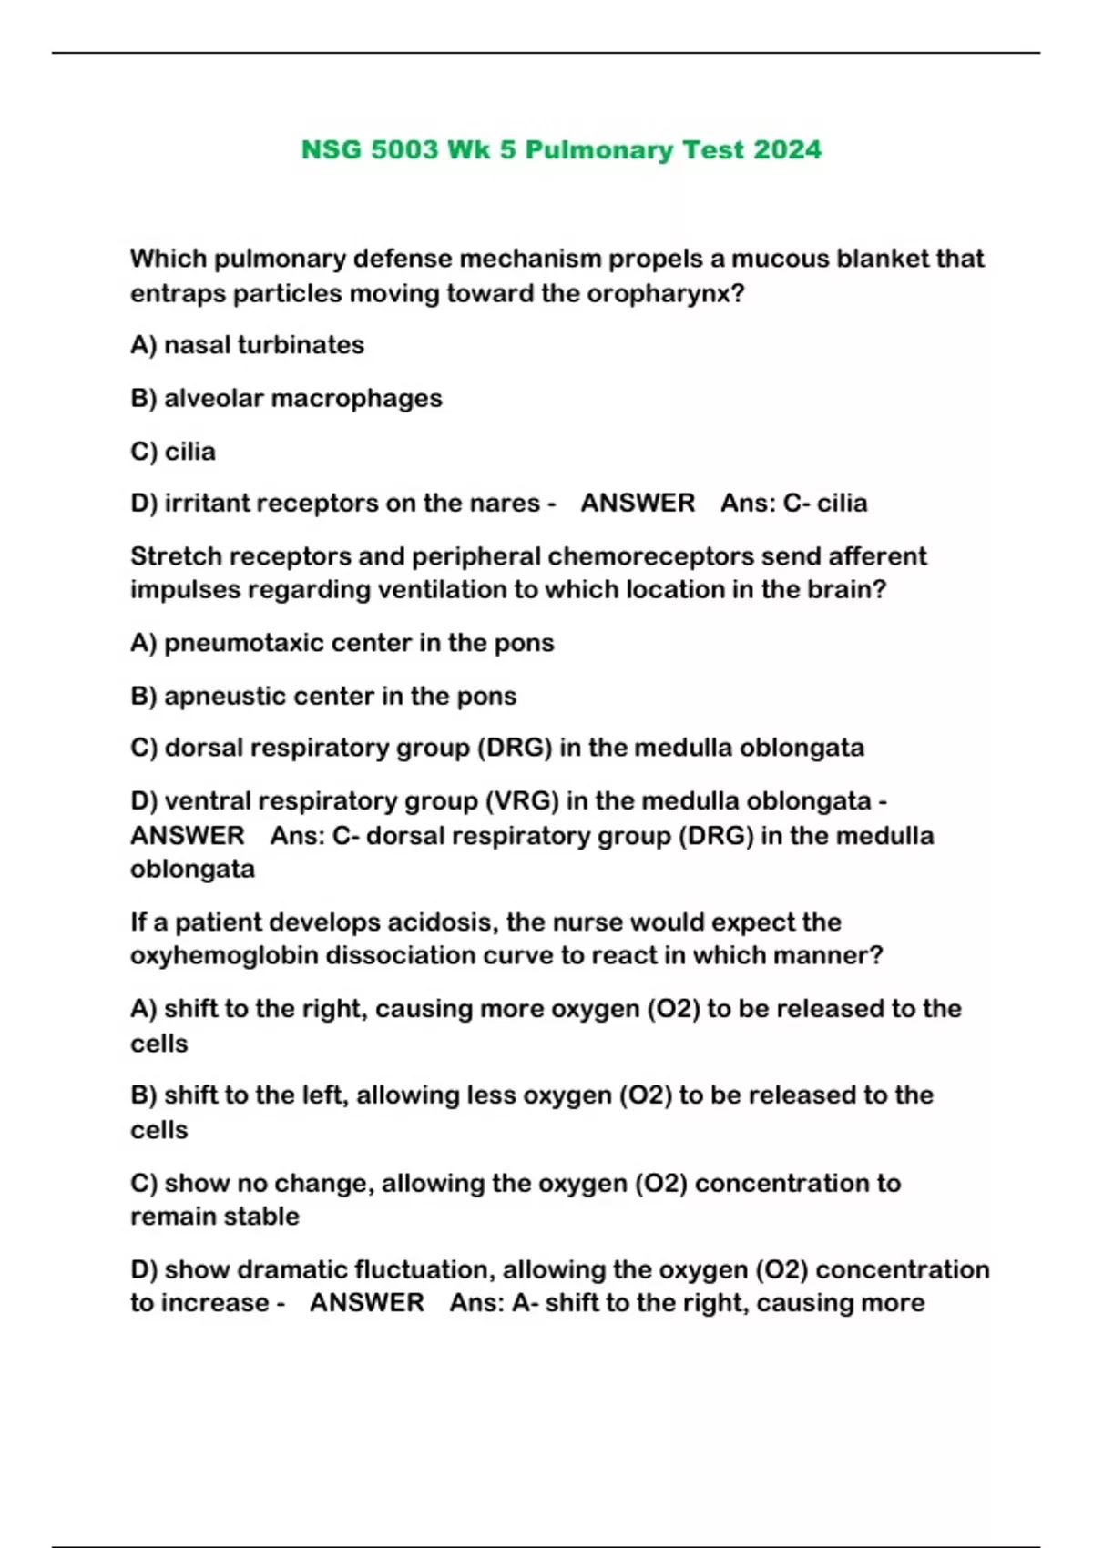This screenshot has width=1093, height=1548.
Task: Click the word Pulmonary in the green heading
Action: pos(599,149)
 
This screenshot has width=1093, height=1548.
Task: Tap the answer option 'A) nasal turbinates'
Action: pos(247,345)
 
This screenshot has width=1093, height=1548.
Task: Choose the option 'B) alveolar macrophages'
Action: pos(286,398)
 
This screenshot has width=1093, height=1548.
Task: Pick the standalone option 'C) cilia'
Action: pos(173,452)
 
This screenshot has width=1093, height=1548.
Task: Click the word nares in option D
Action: pos(505,503)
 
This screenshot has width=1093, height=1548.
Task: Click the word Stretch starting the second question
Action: pos(172,555)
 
